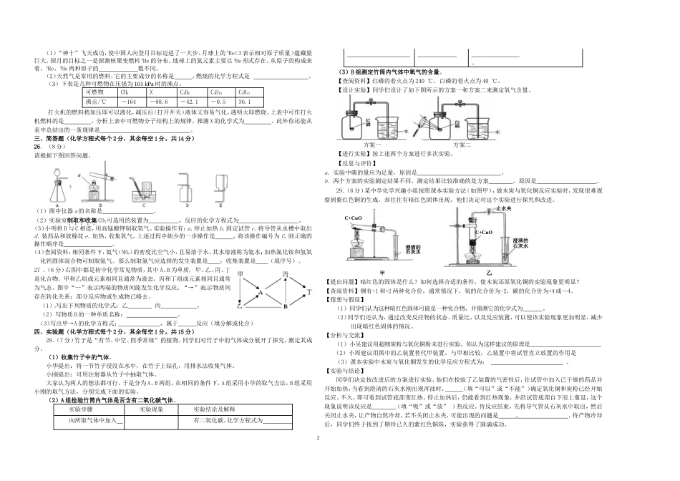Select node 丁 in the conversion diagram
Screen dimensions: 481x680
coord(309,292)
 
